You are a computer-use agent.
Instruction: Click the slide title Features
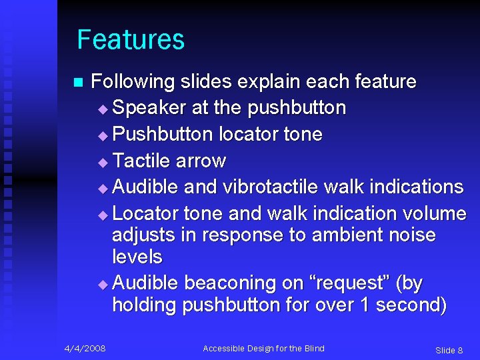[x=131, y=40]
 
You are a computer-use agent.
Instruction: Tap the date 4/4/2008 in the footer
[x=85, y=348]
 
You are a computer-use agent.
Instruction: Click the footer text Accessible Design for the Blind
[x=263, y=348]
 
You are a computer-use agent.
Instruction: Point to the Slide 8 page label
[x=449, y=350]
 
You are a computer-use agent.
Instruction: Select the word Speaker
[x=149, y=107]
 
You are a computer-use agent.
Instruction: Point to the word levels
[x=137, y=257]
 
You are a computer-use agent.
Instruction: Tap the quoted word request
[x=349, y=284]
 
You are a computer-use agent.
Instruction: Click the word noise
[x=411, y=235]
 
